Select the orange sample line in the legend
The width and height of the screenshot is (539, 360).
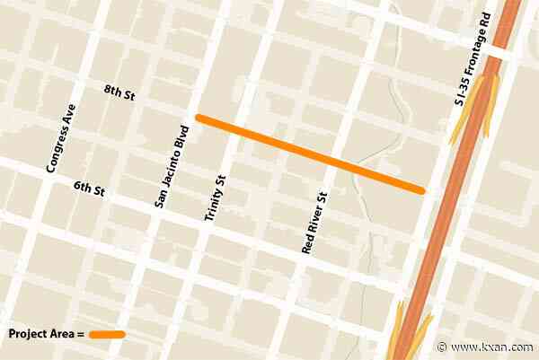pyautogui.click(x=107, y=334)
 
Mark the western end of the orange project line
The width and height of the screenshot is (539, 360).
pyautogui.click(x=199, y=118)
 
